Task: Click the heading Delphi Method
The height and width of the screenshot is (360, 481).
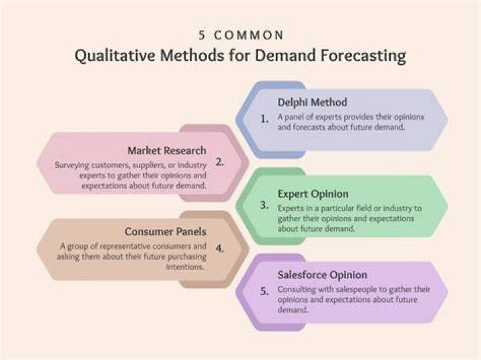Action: [312, 102]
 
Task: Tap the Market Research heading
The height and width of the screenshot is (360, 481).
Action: [166, 150]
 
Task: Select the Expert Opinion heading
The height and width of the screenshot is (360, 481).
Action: [313, 194]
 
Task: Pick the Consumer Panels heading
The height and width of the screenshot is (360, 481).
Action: [166, 232]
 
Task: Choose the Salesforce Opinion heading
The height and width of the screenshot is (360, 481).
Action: [323, 275]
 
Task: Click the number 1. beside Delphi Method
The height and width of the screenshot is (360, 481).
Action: [265, 119]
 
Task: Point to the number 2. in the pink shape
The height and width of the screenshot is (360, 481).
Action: [220, 162]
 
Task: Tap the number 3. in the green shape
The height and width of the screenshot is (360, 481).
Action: [265, 205]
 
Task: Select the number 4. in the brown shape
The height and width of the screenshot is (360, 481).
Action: [220, 248]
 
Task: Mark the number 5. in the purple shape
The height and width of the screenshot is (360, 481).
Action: [265, 291]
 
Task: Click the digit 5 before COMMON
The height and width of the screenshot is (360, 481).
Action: [202, 35]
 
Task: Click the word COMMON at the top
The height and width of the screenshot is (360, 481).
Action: [249, 35]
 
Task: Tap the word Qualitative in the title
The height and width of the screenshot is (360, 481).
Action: [115, 55]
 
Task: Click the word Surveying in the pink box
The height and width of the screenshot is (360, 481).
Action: [71, 165]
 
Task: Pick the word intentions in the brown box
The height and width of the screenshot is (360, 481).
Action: [185, 266]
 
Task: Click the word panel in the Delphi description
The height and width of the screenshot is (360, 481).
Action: [294, 117]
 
